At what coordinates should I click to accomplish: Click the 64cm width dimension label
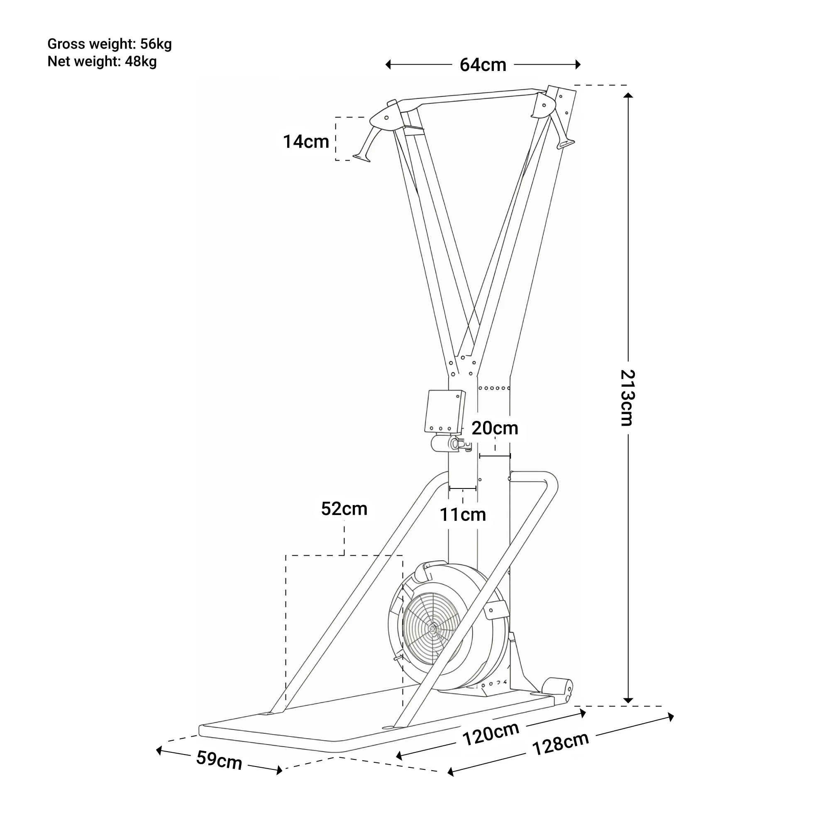483,65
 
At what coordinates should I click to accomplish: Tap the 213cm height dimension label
627,398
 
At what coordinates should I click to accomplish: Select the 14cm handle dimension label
306,142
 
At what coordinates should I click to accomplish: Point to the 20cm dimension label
495,428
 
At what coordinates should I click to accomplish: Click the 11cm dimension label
463,515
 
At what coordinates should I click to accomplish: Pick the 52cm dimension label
344,509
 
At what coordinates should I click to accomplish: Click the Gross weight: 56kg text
110,44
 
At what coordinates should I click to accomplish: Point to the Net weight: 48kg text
102,61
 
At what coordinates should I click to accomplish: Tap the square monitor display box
444,411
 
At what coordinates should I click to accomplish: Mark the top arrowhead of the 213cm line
627,96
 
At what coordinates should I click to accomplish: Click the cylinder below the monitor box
444,443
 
